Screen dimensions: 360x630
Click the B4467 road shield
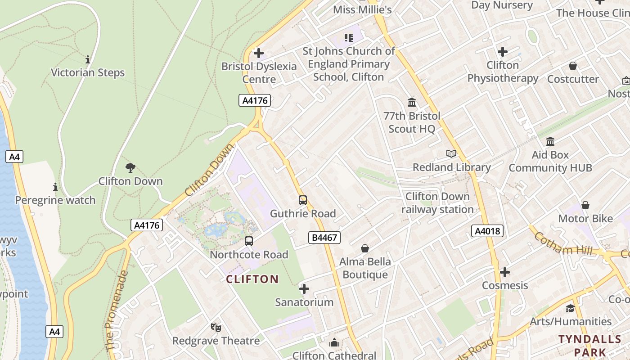point(324,238)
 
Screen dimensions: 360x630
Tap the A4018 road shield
point(487,231)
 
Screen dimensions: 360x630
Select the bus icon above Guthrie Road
point(303,200)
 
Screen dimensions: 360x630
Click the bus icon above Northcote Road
point(249,241)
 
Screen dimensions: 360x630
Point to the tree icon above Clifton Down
point(130,168)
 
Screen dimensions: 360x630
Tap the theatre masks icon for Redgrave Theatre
point(216,328)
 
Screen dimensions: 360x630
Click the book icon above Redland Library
point(451,154)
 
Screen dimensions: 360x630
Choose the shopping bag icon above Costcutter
point(573,66)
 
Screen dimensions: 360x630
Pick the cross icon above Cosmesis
point(505,272)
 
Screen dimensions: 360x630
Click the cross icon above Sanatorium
point(304,288)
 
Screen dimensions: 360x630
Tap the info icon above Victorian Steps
point(88,59)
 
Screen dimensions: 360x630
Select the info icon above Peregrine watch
point(55,187)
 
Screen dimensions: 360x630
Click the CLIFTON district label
point(252,279)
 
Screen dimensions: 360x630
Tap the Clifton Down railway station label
point(437,203)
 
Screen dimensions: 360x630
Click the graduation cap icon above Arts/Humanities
point(570,308)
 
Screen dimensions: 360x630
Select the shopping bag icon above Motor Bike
point(585,205)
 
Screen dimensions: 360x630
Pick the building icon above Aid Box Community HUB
point(550,142)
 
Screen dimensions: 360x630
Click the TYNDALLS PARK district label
point(590,345)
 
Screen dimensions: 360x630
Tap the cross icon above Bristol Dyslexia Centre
point(259,53)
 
